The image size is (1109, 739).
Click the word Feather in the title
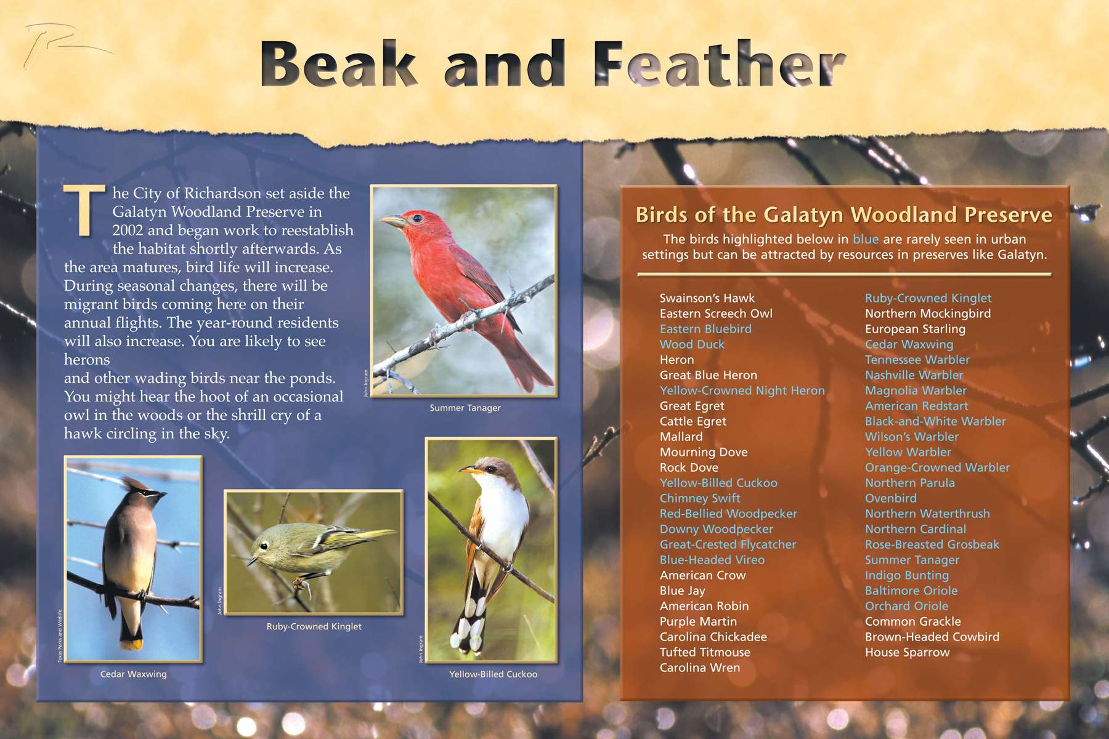click(720, 63)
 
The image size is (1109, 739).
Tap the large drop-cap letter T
click(84, 210)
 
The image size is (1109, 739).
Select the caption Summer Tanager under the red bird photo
click(465, 408)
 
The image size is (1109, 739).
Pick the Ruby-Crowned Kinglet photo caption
click(314, 626)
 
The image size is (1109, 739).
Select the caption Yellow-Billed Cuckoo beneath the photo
click(493, 674)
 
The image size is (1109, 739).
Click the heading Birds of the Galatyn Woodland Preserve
click(843, 214)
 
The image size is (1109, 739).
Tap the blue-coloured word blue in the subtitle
click(866, 239)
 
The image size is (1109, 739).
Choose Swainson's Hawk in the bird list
click(707, 298)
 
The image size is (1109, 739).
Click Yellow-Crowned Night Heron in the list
click(742, 390)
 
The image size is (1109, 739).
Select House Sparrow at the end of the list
click(907, 652)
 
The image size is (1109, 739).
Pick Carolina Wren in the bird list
click(699, 668)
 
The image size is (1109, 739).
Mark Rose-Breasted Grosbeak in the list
click(932, 544)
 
